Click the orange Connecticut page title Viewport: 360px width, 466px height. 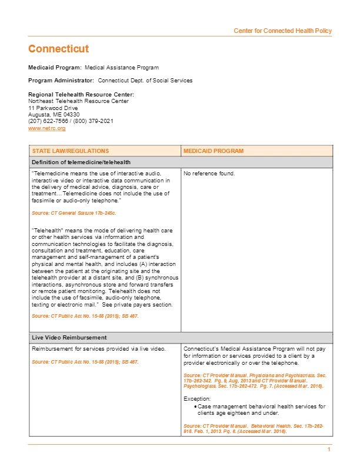59,49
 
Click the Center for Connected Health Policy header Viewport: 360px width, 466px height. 282,31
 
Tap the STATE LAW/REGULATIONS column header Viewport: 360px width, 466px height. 70,151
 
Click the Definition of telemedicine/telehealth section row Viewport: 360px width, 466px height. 81,162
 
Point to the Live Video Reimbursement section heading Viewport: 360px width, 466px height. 69,338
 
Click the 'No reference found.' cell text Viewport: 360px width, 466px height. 209,174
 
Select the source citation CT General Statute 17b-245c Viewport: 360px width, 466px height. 74,212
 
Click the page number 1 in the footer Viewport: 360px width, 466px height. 329,450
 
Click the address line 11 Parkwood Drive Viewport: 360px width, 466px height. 53,108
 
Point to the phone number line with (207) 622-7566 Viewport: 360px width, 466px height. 71,121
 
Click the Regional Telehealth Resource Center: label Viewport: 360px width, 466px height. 81,95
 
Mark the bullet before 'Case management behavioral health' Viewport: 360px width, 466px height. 195,407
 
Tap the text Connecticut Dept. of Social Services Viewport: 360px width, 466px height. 145,80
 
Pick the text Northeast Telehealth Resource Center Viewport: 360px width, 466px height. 78,101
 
